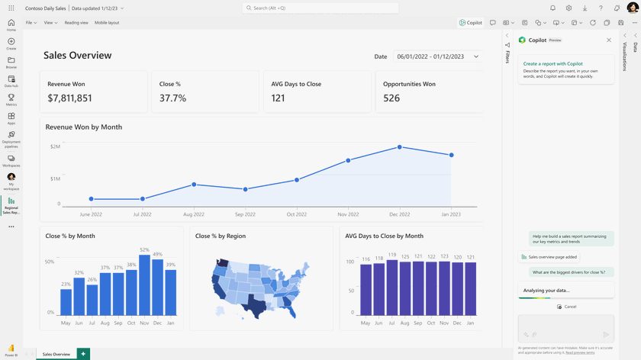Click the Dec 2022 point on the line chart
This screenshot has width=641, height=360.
coord(399,147)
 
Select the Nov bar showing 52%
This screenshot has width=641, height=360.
coord(144,284)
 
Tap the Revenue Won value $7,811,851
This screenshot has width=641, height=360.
coord(69,98)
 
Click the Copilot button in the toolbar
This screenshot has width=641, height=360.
coord(470,23)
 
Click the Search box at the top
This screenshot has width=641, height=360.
coord(320,8)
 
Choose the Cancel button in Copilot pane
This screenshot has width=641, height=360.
coord(566,307)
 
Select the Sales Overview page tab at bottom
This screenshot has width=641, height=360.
coord(56,354)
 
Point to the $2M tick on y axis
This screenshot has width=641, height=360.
coord(55,146)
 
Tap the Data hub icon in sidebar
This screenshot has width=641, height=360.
coord(11,81)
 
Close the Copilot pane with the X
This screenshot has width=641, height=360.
coord(609,40)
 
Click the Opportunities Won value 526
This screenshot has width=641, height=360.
coord(391,98)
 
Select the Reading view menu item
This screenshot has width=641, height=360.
coord(76,23)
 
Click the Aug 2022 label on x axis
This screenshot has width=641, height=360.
coord(194,214)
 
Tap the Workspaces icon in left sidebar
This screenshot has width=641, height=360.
coord(11,161)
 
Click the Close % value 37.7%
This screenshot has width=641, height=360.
coord(172,98)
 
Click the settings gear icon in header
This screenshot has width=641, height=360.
coord(569,8)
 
